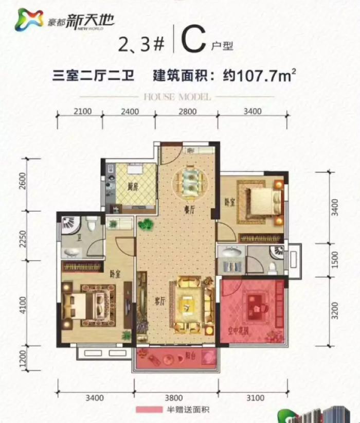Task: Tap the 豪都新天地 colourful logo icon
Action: (30, 20)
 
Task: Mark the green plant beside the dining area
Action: (146, 224)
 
